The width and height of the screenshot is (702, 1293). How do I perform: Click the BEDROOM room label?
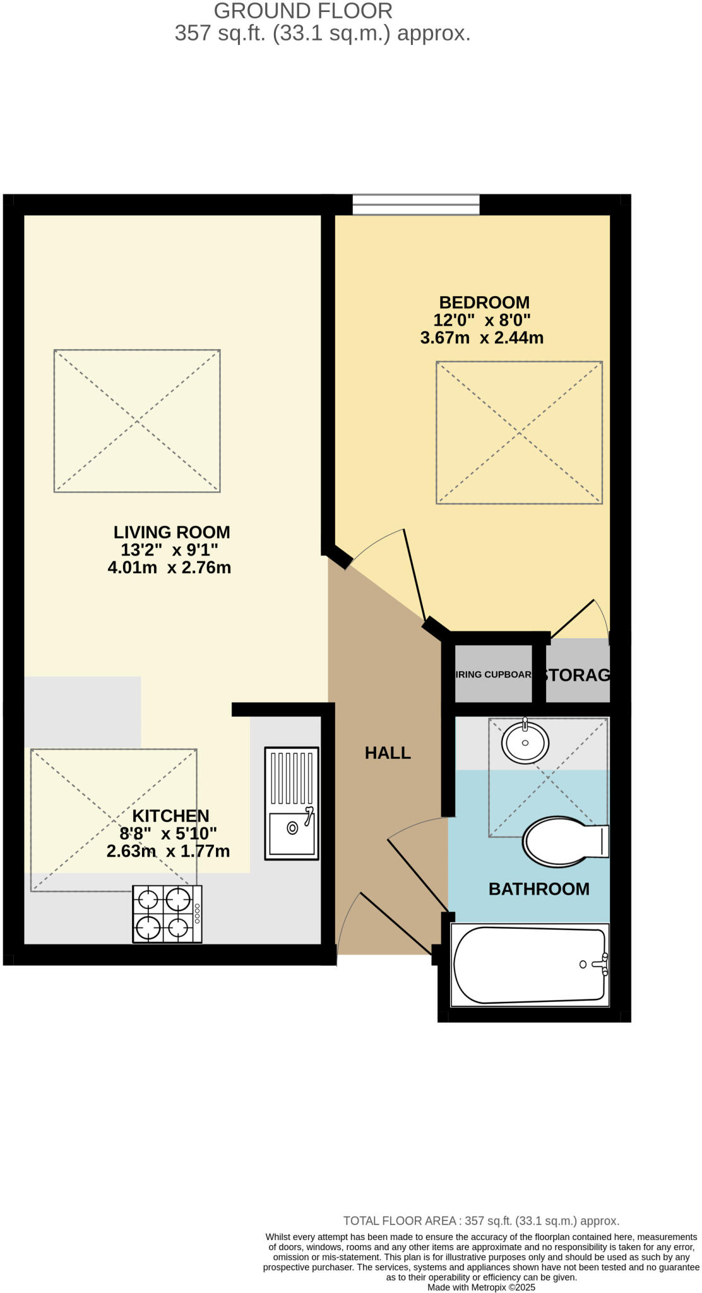[484, 302]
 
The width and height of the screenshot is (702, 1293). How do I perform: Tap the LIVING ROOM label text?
[171, 532]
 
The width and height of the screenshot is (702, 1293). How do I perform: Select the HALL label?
[388, 753]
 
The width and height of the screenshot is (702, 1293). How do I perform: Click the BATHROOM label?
[538, 889]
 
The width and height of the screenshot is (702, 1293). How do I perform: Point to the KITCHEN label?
[170, 816]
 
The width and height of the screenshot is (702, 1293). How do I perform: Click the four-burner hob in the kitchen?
[167, 914]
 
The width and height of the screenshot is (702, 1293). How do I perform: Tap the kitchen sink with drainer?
[291, 803]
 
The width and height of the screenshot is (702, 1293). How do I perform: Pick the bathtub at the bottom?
[529, 965]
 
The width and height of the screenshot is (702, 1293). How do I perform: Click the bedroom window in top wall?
[415, 205]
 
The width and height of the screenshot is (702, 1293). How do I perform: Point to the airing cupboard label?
[493, 674]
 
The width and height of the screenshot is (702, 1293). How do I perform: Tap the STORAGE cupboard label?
[576, 675]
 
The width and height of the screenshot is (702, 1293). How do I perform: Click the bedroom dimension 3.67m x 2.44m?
[482, 338]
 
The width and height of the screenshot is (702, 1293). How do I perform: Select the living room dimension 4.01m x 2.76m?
[169, 568]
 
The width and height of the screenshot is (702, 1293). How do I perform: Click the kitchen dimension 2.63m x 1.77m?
[168, 851]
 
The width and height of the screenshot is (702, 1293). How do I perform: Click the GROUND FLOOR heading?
[303, 11]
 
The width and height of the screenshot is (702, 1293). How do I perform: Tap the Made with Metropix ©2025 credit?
[481, 1287]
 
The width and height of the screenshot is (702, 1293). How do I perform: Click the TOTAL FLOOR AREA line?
[481, 1221]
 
